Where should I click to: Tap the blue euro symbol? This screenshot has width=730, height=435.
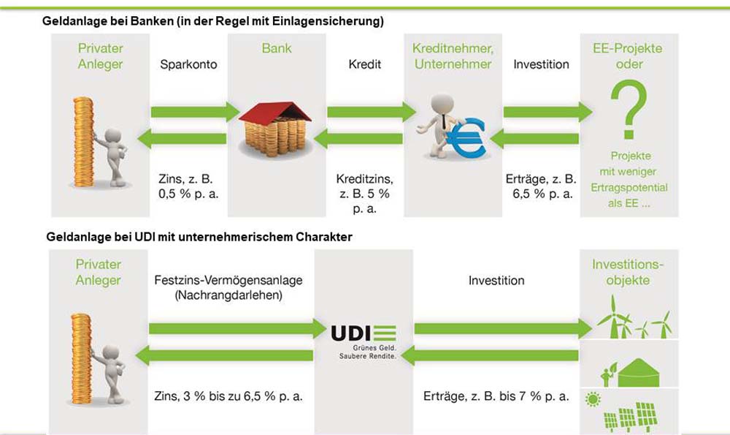pyautogui.click(x=466, y=138)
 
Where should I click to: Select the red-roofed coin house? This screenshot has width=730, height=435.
pyautogui.click(x=275, y=125)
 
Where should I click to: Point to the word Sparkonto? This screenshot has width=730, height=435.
pyautogui.click(x=188, y=64)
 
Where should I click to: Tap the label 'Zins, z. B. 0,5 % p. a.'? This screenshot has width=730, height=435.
pyautogui.click(x=188, y=186)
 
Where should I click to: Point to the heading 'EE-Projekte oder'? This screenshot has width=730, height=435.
pyautogui.click(x=629, y=56)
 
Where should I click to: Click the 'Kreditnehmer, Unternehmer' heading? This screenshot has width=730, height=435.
pyautogui.click(x=453, y=56)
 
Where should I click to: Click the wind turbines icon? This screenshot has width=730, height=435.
pyautogui.click(x=633, y=322)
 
